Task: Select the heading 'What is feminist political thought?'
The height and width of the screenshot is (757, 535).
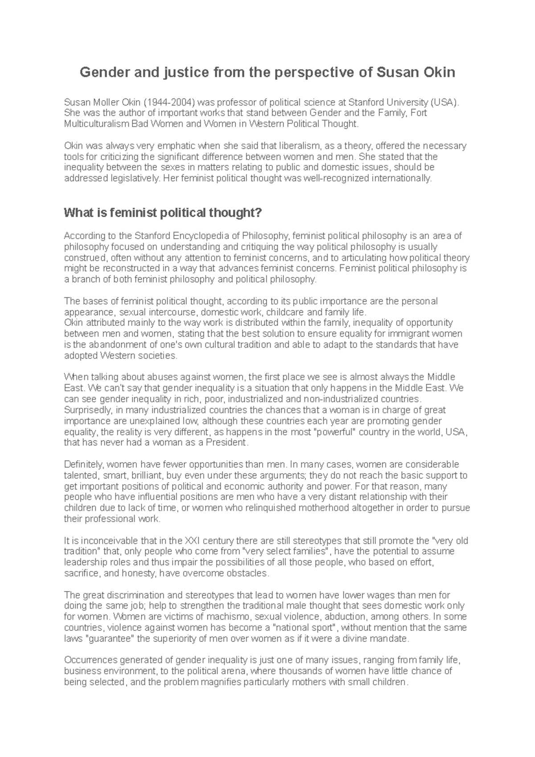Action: click(x=162, y=213)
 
